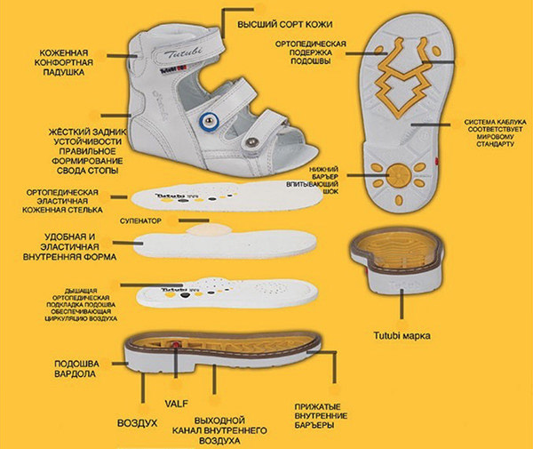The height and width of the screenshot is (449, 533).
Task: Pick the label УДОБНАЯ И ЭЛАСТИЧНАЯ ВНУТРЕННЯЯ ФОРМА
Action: [59, 246]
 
